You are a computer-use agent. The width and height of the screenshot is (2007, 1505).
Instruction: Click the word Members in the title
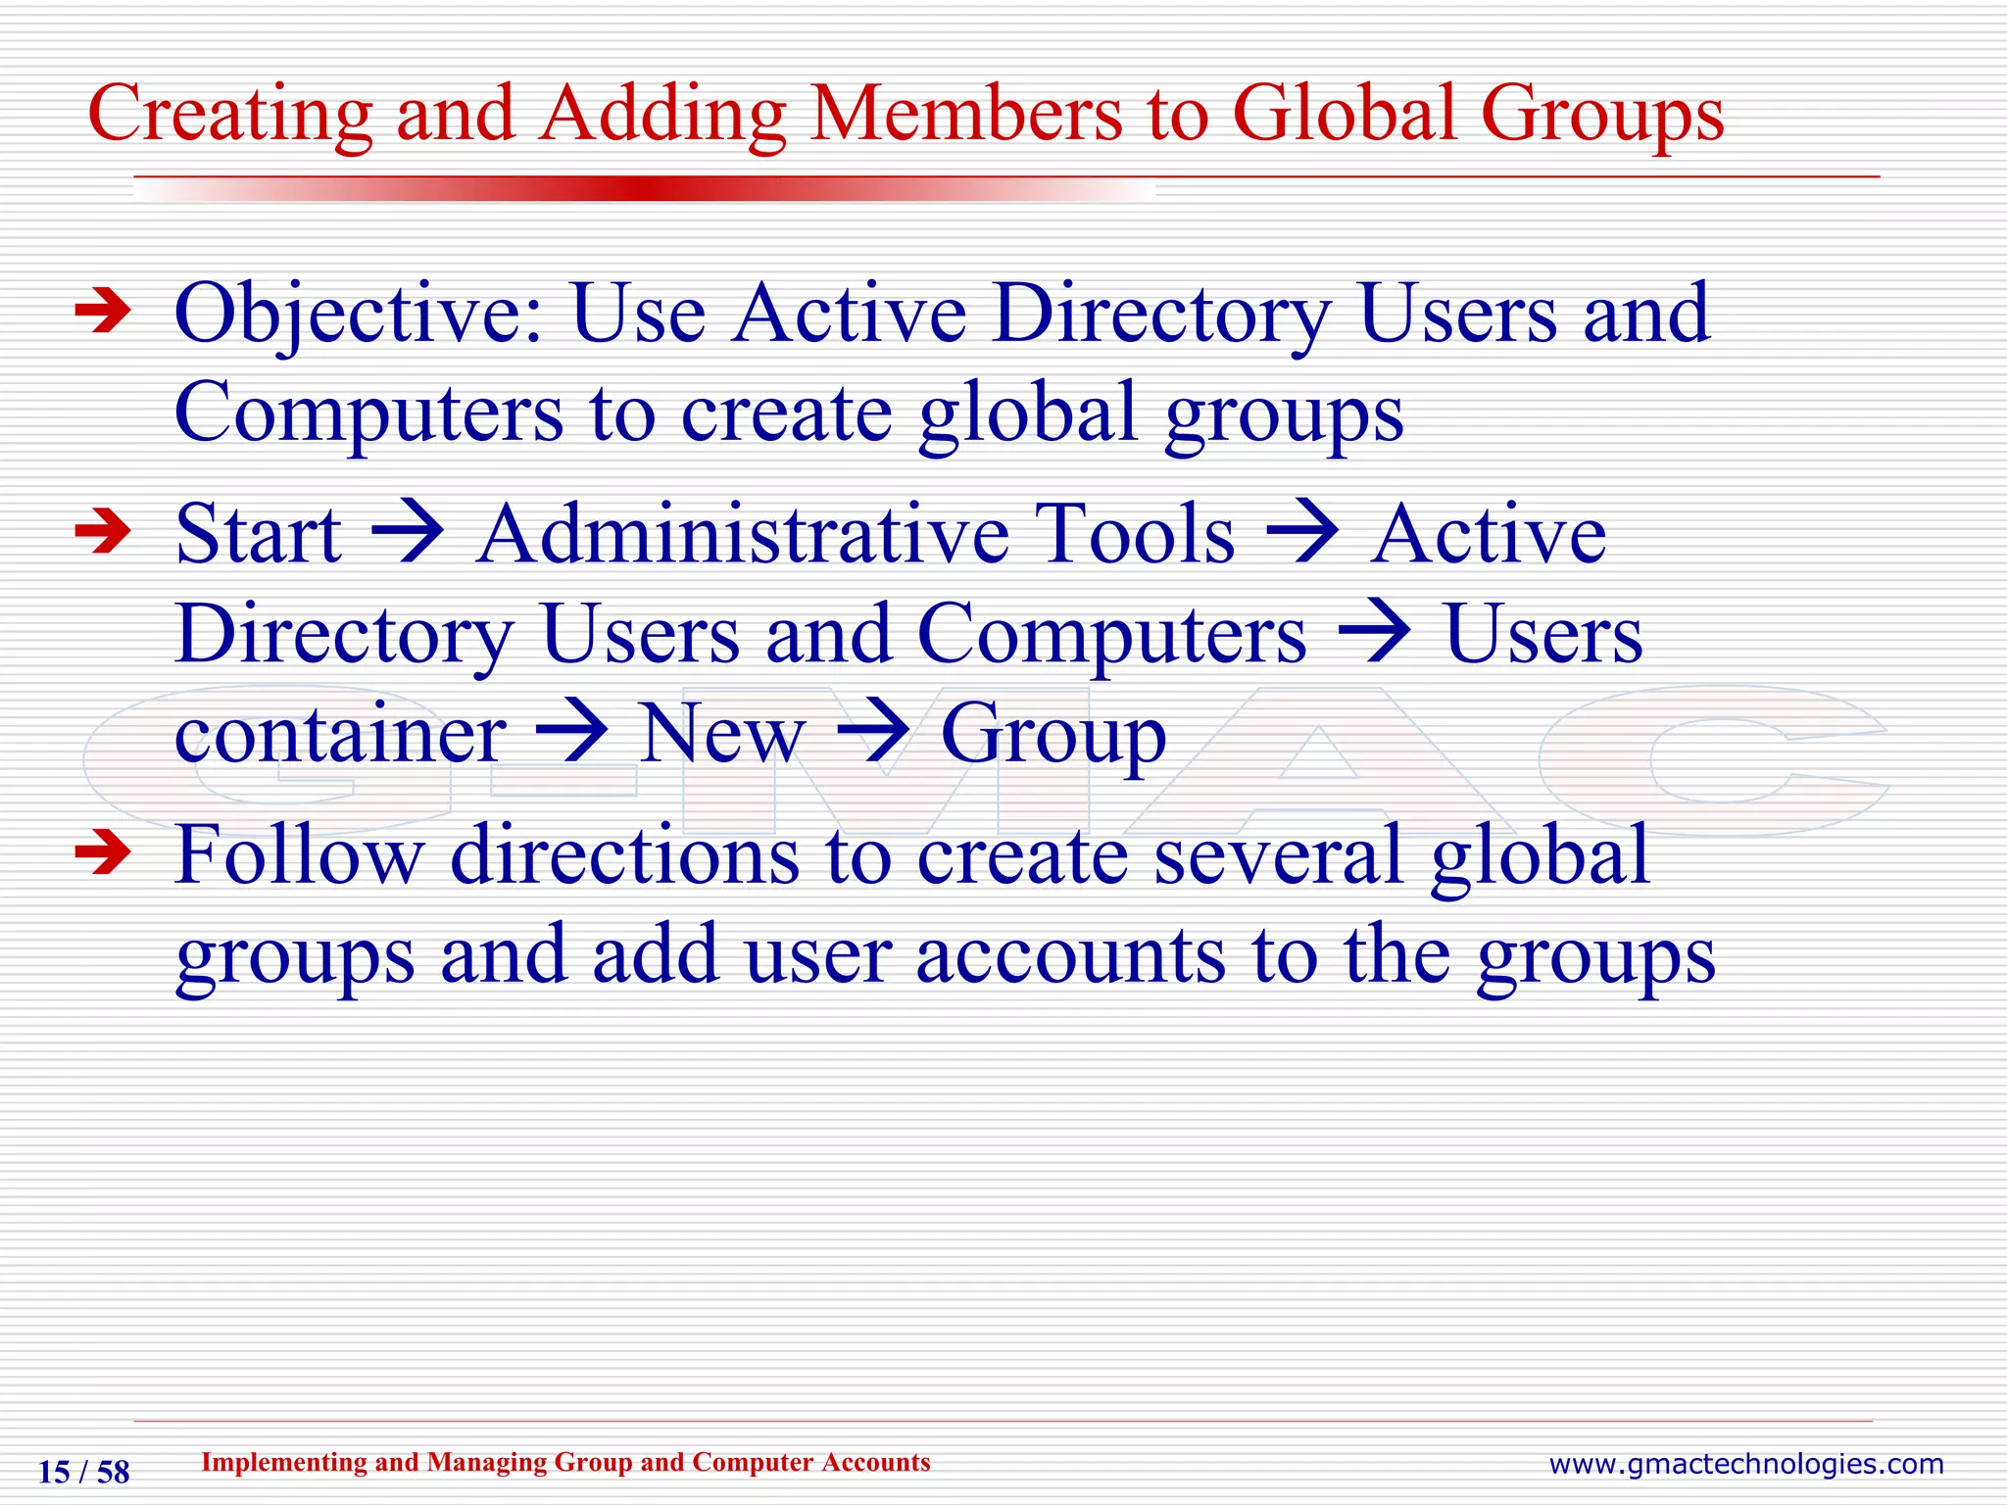[966, 114]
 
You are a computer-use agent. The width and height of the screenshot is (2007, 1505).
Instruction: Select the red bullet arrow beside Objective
[103, 312]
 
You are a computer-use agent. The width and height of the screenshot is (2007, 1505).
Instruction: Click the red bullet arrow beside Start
[103, 532]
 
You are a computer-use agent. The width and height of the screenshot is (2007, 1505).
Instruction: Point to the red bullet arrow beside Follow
[103, 851]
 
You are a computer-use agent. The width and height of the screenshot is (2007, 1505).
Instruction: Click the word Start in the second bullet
[259, 535]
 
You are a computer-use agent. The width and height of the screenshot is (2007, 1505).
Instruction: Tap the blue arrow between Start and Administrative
[409, 535]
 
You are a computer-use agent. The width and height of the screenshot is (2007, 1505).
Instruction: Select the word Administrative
[743, 535]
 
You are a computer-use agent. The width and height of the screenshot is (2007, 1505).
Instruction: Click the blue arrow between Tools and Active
[1302, 535]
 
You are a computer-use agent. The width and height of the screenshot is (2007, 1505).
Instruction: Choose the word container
[340, 735]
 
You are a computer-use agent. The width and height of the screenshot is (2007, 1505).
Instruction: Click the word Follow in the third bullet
[299, 855]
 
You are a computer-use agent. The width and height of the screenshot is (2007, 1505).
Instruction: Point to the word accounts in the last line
[1071, 956]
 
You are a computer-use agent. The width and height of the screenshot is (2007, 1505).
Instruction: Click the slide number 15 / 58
[83, 1472]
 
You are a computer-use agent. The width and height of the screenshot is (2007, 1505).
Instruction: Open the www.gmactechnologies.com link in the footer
[1745, 1465]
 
